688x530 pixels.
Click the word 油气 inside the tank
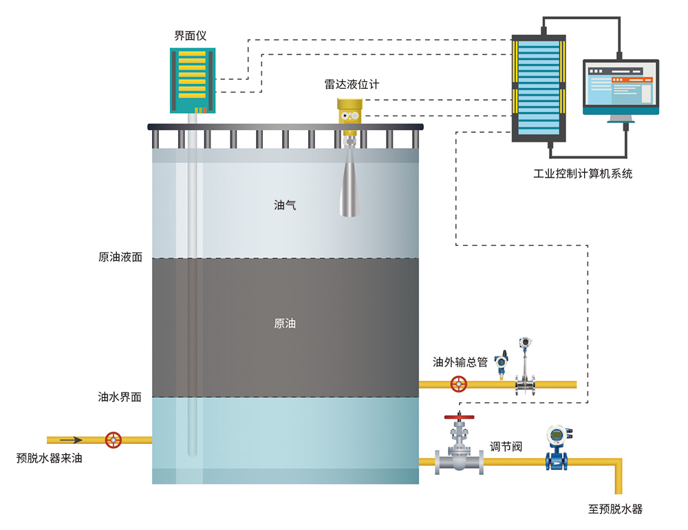tap(285, 204)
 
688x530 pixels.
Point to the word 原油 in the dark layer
tap(285, 323)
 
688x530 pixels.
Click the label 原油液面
tap(120, 257)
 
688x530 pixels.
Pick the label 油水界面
tap(120, 396)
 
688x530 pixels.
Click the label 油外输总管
tap(460, 362)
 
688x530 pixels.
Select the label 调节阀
tap(506, 447)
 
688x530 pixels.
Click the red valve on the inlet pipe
tap(114, 439)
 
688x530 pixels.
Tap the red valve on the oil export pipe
tap(458, 384)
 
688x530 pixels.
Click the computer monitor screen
tap(621, 85)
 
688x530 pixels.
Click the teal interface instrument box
tap(193, 79)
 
